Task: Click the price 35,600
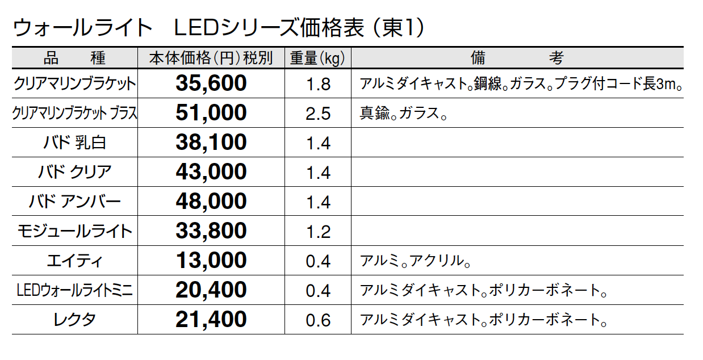tap(211, 83)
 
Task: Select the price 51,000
tap(211, 113)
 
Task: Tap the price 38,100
tap(211, 143)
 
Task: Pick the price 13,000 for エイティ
tap(211, 261)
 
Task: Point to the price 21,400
tap(211, 320)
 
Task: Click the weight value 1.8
tap(318, 85)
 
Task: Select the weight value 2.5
tap(318, 114)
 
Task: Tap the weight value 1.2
tap(318, 232)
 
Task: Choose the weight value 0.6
tap(318, 320)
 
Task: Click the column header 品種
tap(74, 58)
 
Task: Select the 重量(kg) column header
tap(318, 58)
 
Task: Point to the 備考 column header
tap(517, 58)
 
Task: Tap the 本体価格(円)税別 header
tap(211, 58)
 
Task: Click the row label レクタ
tap(74, 320)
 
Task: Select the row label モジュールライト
tap(74, 231)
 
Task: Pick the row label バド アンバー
tap(74, 202)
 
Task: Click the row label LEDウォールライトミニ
tap(74, 291)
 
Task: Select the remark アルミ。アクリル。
tap(416, 261)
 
